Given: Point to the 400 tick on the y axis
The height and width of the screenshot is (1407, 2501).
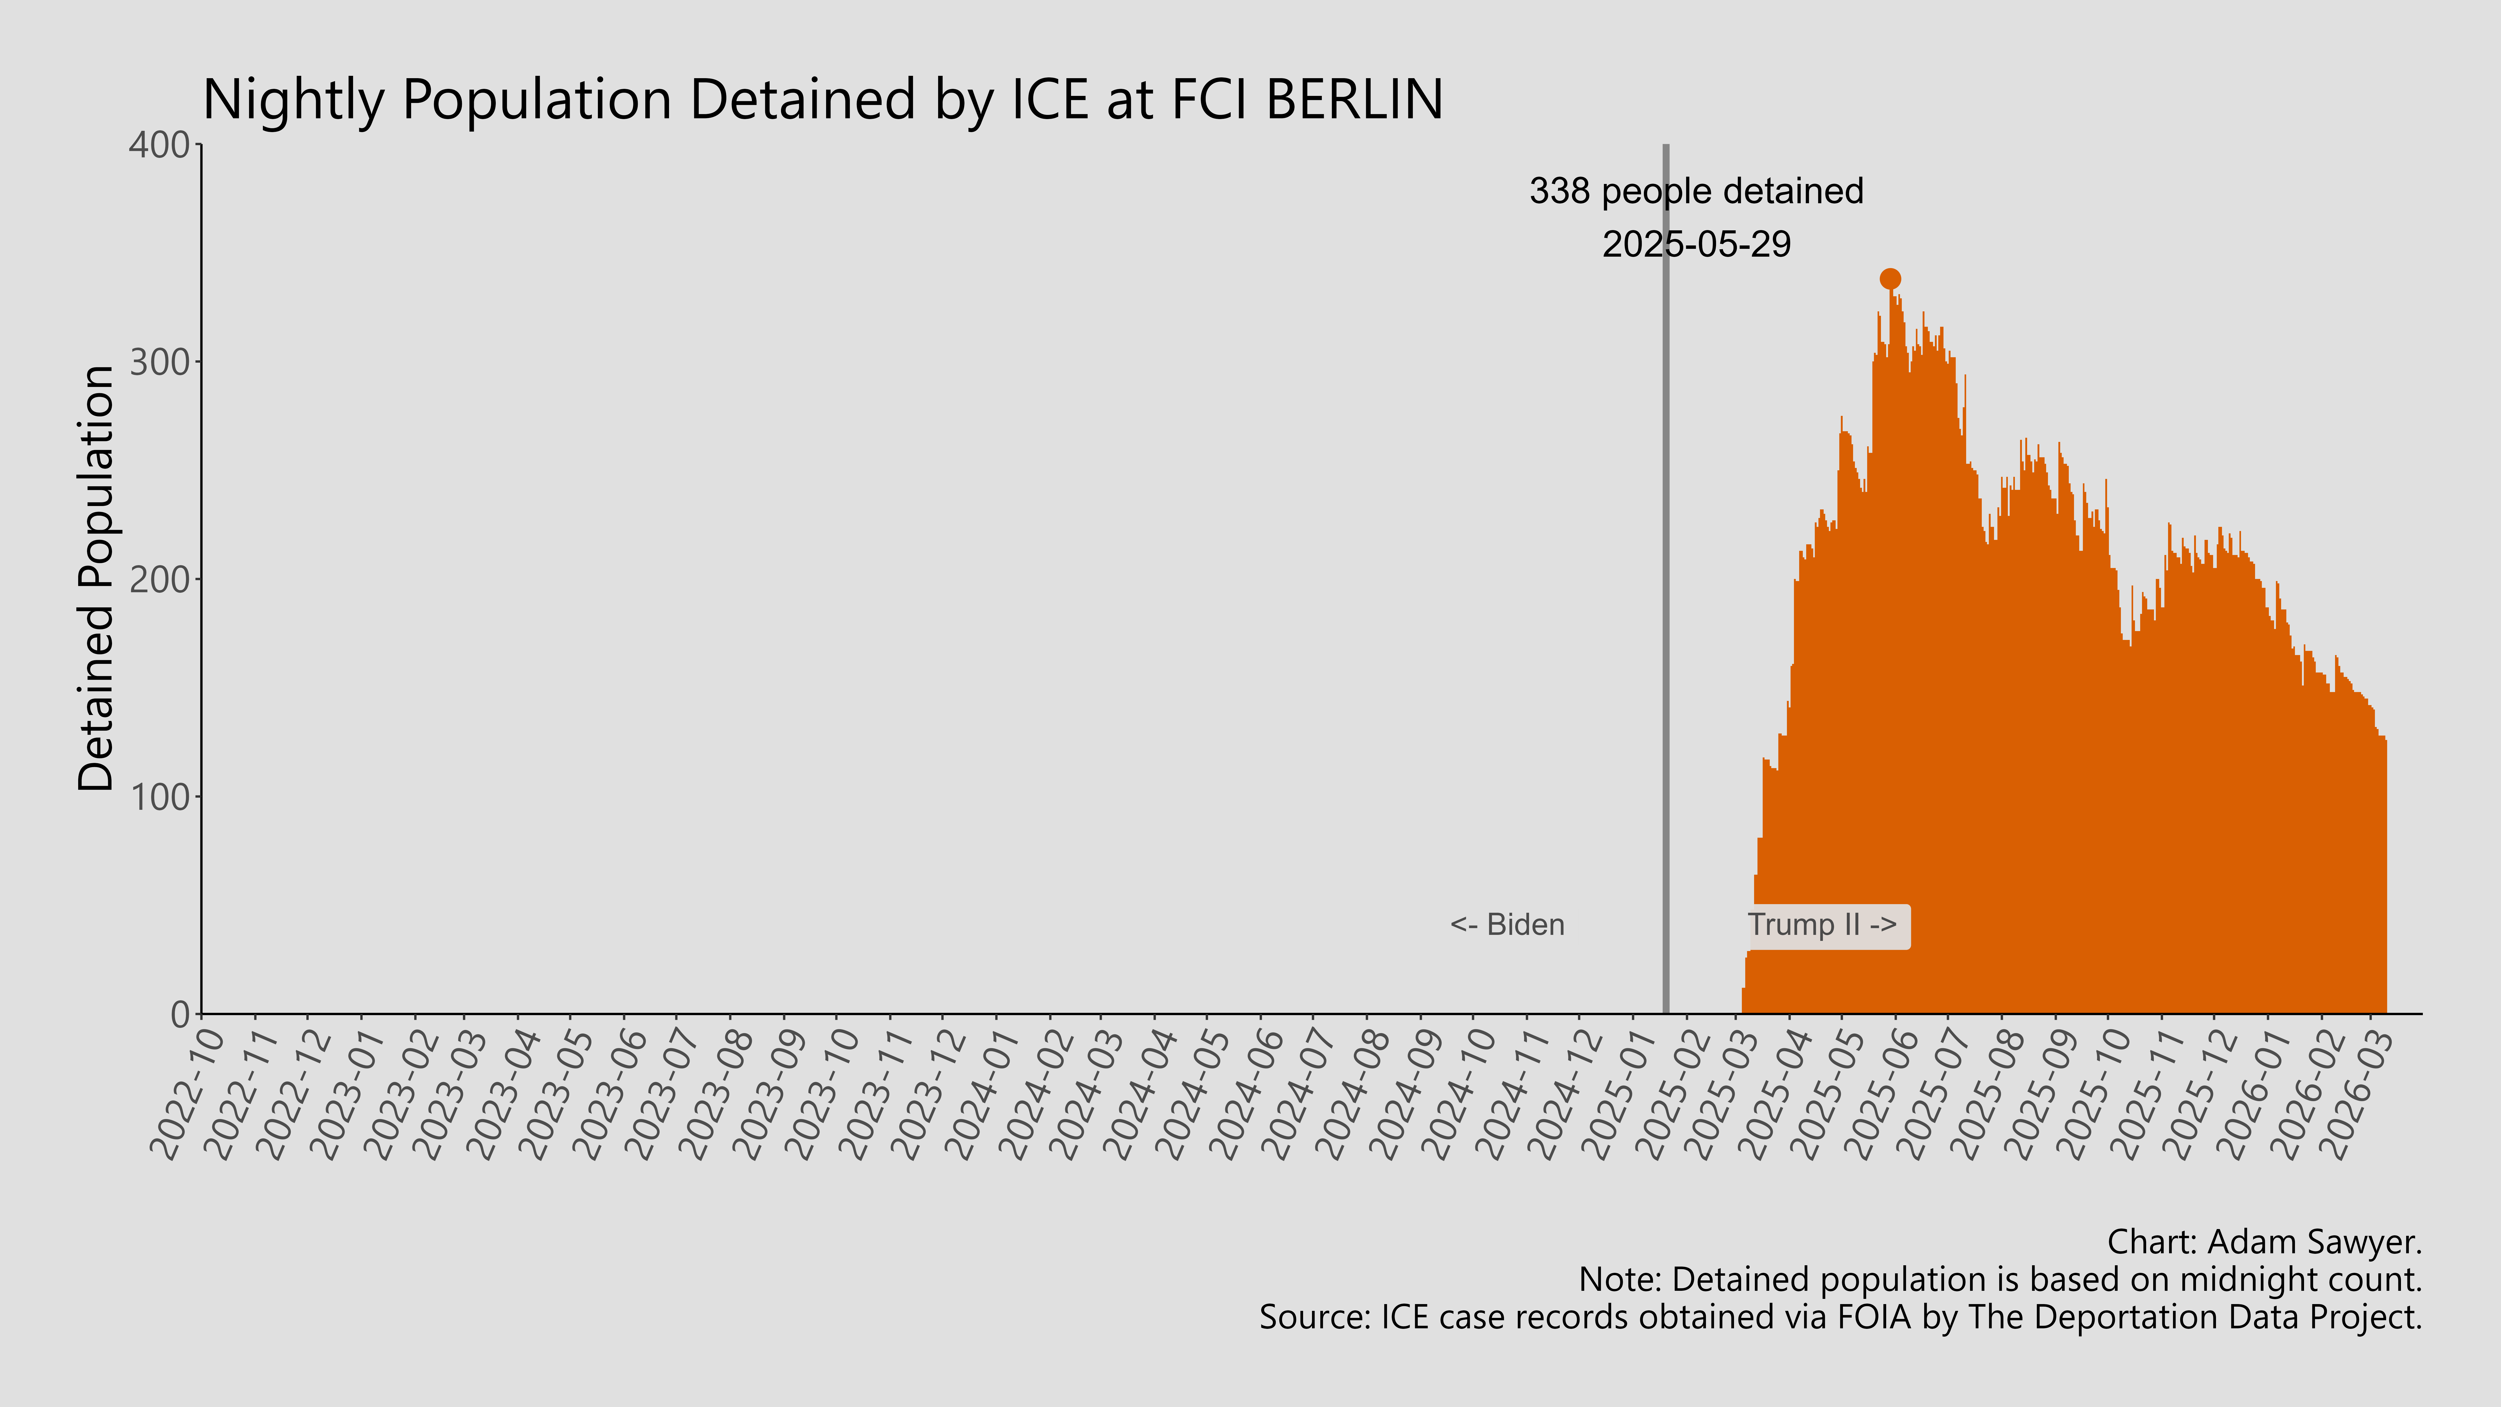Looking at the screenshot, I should pos(160,146).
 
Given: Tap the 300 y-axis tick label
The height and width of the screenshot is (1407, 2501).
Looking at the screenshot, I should pos(160,362).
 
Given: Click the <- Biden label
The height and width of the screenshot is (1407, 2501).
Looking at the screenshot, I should pos(1507,924).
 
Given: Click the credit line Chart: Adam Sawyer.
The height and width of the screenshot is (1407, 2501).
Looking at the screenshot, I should pos(2264,1242).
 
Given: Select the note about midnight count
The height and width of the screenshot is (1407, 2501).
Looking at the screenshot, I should pos(2000,1280).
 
